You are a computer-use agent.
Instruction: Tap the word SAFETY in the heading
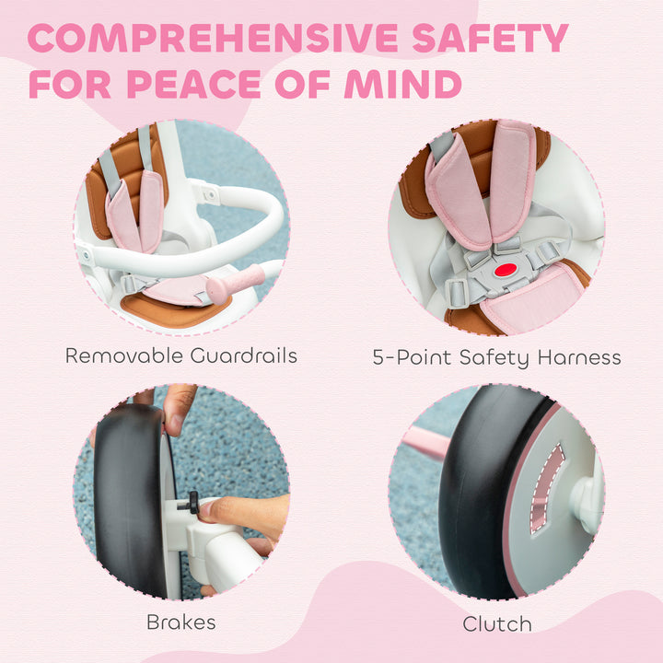[x=489, y=39]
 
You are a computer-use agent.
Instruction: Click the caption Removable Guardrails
[x=180, y=355]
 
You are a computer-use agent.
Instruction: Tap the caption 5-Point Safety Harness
[x=496, y=357]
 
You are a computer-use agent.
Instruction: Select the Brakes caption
[x=180, y=622]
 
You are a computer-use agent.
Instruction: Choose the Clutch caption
[x=496, y=623]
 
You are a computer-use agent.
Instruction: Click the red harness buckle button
[x=504, y=271]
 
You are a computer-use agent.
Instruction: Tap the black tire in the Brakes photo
[x=129, y=506]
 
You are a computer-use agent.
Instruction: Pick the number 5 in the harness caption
[x=379, y=357]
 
